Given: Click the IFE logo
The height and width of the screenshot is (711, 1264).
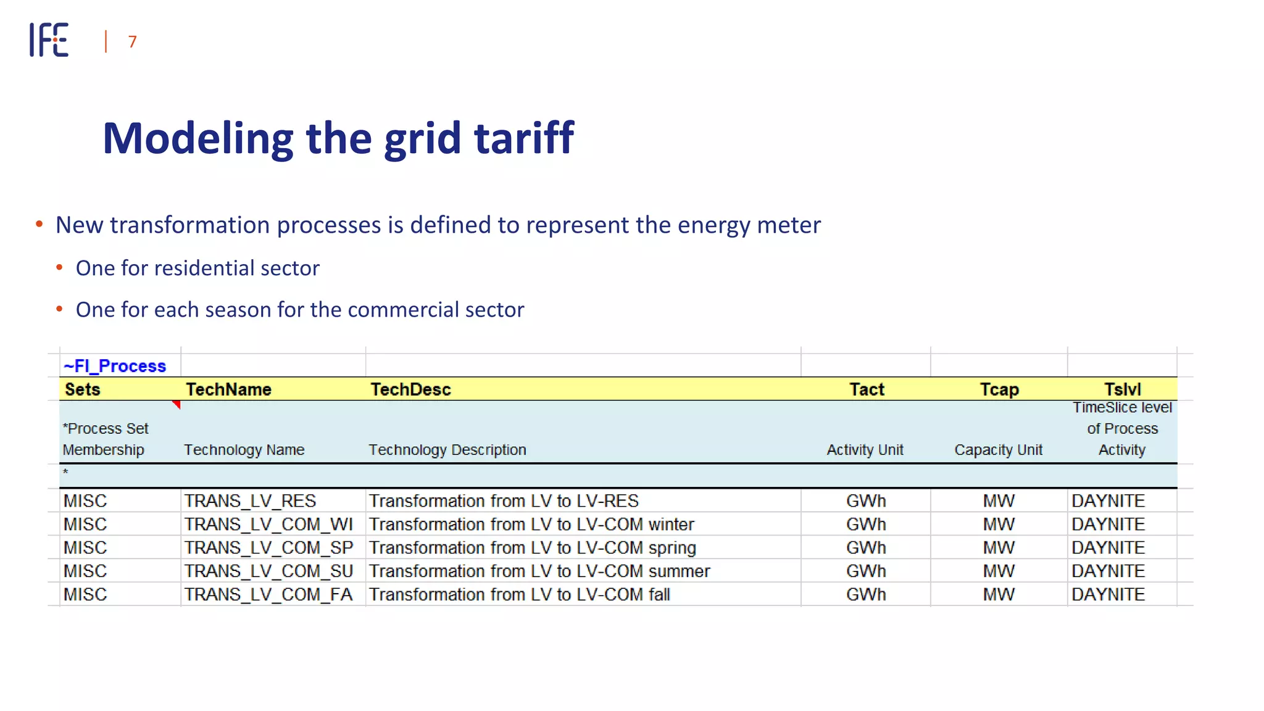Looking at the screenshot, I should tap(49, 40).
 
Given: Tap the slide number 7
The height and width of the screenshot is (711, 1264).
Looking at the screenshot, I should tap(132, 42).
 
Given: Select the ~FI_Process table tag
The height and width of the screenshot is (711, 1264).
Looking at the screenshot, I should tap(115, 366).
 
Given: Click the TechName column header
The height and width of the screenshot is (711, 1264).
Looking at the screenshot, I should tap(228, 389).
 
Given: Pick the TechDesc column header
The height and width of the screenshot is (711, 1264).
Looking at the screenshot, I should tap(410, 389).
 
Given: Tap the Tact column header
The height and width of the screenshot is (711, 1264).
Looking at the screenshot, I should tap(867, 389).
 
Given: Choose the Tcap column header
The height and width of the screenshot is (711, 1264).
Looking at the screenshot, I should tap(999, 389).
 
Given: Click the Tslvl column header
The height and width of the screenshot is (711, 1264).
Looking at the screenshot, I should tap(1122, 389).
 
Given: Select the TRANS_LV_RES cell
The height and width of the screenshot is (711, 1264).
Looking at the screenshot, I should tap(250, 501).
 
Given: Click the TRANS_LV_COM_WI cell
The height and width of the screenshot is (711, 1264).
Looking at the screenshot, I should tap(268, 524).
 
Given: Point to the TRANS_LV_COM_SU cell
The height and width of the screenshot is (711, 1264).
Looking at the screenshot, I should tap(268, 571).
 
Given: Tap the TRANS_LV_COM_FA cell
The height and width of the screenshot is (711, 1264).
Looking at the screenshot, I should tap(268, 594).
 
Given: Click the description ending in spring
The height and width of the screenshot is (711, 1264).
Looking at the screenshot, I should tap(533, 547).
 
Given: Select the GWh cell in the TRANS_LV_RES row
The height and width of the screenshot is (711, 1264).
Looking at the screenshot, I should tap(866, 501).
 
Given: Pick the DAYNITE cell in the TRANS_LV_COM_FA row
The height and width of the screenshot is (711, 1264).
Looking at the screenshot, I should tap(1108, 594).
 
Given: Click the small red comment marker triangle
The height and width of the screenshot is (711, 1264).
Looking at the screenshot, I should tap(177, 404).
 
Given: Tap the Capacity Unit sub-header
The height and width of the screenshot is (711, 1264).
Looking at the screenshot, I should tap(998, 450).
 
